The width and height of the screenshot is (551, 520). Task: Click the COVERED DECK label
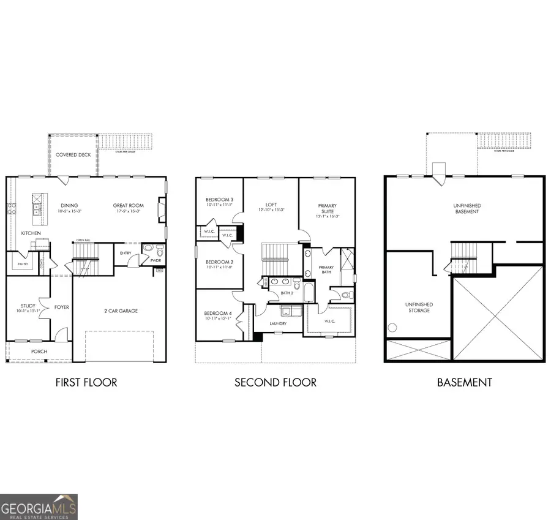[73, 155]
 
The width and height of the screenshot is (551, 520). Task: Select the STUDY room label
[28, 306]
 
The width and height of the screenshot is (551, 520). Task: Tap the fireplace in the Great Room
[160, 209]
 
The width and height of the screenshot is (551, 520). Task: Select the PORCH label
[39, 351]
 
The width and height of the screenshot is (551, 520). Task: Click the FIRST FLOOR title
[86, 383]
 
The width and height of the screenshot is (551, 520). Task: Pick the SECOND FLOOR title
[275, 383]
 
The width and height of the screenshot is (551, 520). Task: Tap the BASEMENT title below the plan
[464, 383]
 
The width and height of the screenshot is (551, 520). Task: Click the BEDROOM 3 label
[219, 200]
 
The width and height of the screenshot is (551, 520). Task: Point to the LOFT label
[272, 205]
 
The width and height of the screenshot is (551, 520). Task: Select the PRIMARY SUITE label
[328, 209]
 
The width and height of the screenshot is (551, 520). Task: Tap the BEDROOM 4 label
[219, 314]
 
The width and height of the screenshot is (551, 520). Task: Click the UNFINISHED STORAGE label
[419, 307]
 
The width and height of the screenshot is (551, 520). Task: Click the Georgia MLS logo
[39, 507]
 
